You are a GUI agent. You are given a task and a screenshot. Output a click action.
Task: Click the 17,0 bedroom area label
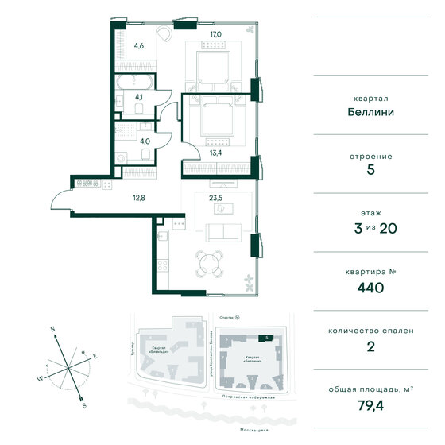tap(214, 34)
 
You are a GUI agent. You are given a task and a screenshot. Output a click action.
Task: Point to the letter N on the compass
tap(52, 327)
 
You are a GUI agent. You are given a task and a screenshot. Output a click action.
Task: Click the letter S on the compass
tap(84, 404)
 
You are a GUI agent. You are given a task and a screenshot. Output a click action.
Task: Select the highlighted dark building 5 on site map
tap(268, 338)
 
